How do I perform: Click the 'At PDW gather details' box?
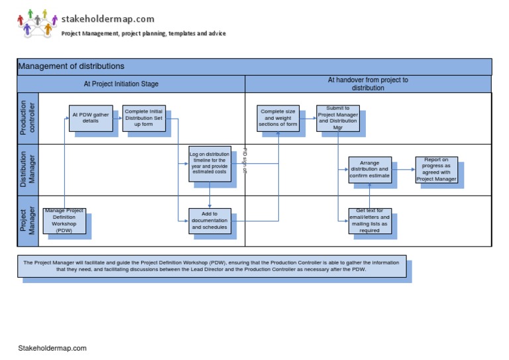click(90, 118)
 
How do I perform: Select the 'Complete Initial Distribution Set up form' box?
click(144, 118)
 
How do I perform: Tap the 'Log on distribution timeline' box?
click(209, 164)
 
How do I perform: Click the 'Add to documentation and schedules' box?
click(209, 221)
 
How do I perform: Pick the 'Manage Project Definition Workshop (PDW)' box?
click(64, 221)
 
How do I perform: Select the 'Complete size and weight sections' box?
click(278, 118)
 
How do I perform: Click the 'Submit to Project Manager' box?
click(337, 118)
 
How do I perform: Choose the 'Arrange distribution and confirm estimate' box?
click(370, 170)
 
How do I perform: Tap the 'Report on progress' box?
click(436, 170)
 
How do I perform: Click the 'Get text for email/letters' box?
click(370, 221)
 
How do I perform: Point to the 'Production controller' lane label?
click(28, 118)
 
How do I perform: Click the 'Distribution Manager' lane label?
click(28, 170)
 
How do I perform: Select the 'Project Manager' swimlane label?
click(28, 221)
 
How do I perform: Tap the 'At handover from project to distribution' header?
click(368, 84)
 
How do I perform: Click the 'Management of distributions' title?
click(71, 66)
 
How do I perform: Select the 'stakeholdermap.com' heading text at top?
click(107, 19)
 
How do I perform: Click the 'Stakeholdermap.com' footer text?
click(52, 348)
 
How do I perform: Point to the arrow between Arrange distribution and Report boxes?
click(403, 170)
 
